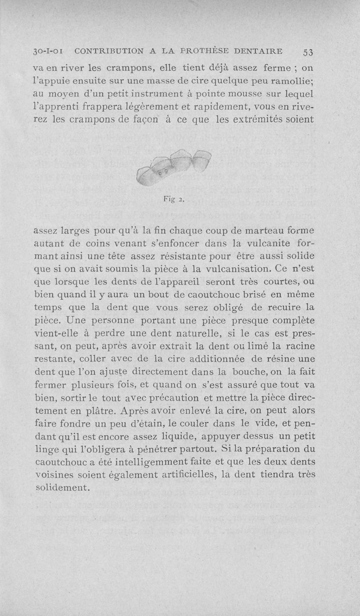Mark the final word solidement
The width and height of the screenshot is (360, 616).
tap(63, 487)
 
